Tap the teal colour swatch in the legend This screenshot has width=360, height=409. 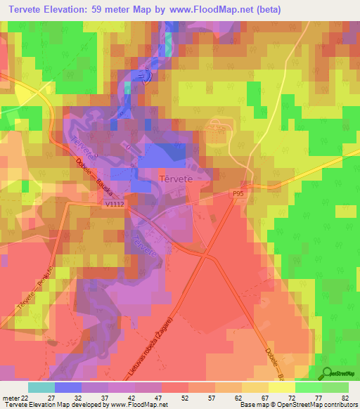coord(41,387)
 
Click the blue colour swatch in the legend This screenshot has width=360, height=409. coord(67,387)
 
